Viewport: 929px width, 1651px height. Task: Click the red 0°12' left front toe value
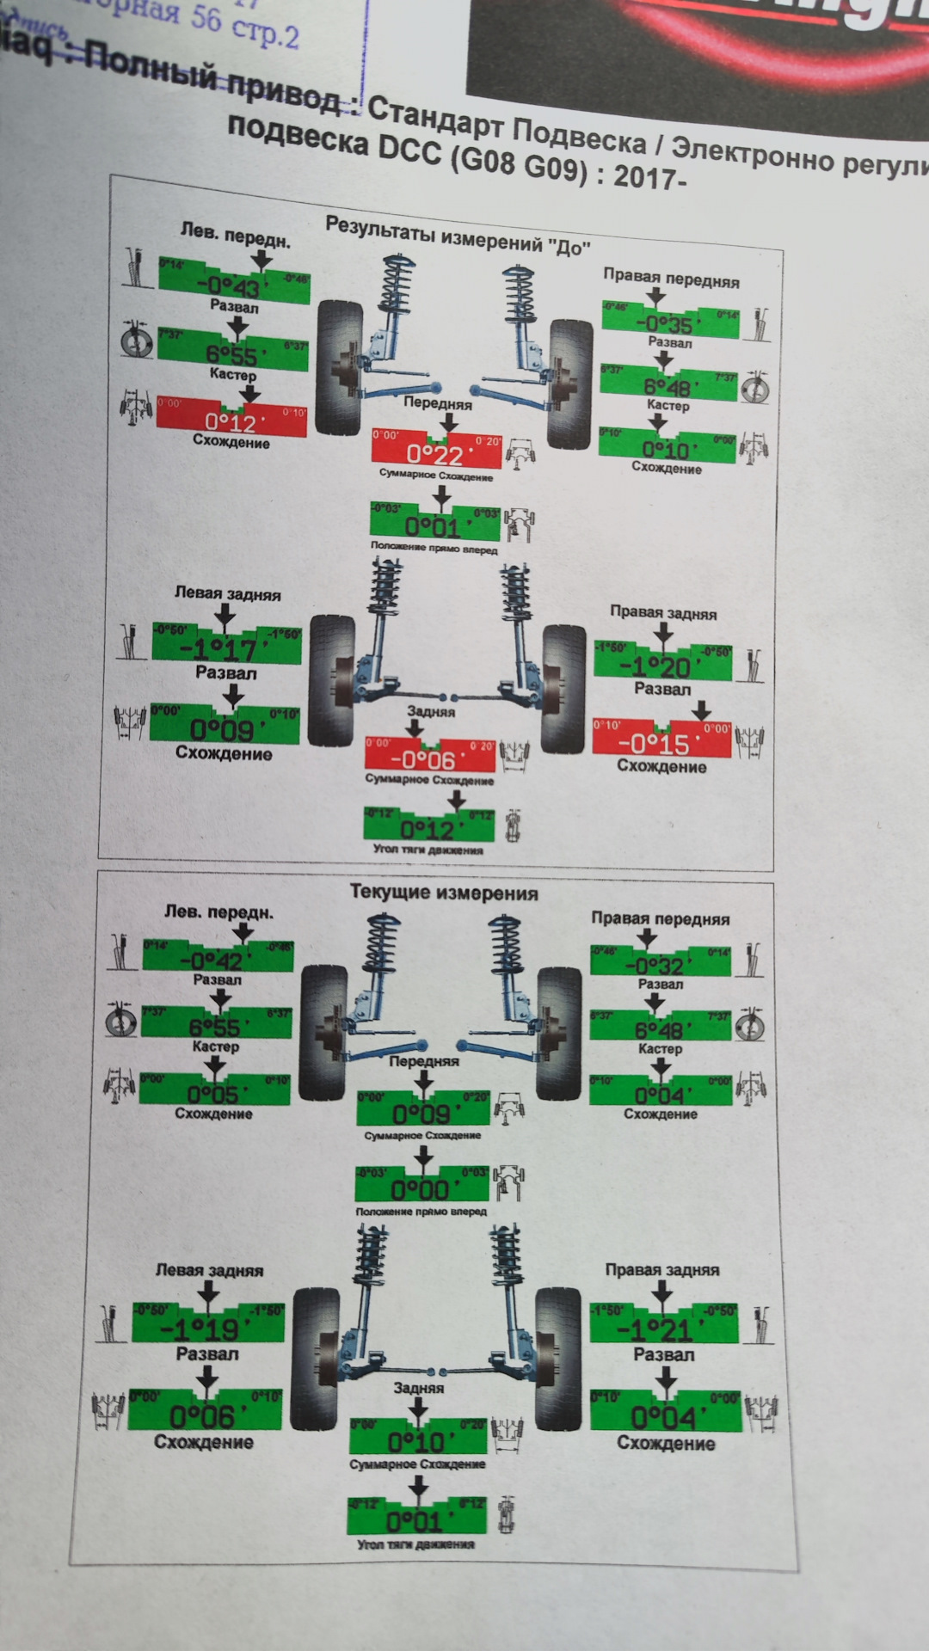coord(231,421)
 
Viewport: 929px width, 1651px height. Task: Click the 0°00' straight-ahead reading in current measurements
coord(421,1190)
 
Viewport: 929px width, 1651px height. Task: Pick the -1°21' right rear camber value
coord(659,1330)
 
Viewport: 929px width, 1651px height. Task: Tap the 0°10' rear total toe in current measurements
coord(417,1441)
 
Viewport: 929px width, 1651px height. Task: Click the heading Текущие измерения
coord(444,893)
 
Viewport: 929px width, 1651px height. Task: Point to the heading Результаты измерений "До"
coord(458,234)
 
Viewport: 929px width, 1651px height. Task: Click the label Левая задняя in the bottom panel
coord(209,1270)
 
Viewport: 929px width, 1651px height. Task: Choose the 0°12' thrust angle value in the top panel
coord(428,829)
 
